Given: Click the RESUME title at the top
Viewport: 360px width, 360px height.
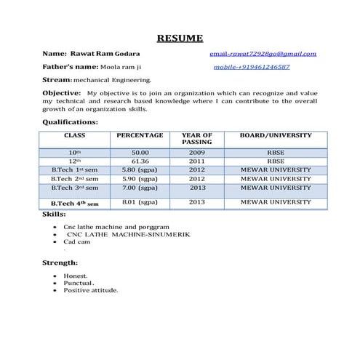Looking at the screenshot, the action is click(180, 39).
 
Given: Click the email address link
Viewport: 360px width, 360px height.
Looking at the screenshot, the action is click(263, 54).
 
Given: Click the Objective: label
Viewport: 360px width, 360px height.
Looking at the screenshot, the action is click(60, 93).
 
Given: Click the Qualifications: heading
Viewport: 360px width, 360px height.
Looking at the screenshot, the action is click(70, 122).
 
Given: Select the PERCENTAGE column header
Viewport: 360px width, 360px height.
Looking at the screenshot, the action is click(140, 135).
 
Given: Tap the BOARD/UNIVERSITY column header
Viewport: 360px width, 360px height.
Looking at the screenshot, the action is click(276, 135).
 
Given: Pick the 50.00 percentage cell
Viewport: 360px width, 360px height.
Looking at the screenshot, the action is click(140, 153).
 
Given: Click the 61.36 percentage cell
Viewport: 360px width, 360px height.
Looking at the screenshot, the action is click(140, 161).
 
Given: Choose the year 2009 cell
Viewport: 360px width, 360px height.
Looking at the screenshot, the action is click(196, 153).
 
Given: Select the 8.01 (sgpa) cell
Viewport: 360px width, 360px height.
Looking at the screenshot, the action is click(140, 201).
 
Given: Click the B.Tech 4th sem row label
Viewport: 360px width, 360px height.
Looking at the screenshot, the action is click(74, 203).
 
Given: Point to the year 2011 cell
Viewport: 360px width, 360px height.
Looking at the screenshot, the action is click(196, 161).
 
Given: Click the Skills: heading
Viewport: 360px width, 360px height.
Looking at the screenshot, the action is click(55, 215).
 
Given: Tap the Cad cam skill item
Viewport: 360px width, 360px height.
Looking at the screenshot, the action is click(76, 242).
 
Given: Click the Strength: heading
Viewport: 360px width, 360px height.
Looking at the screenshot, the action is click(60, 263).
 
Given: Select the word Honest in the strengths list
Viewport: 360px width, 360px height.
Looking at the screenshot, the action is click(76, 276).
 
